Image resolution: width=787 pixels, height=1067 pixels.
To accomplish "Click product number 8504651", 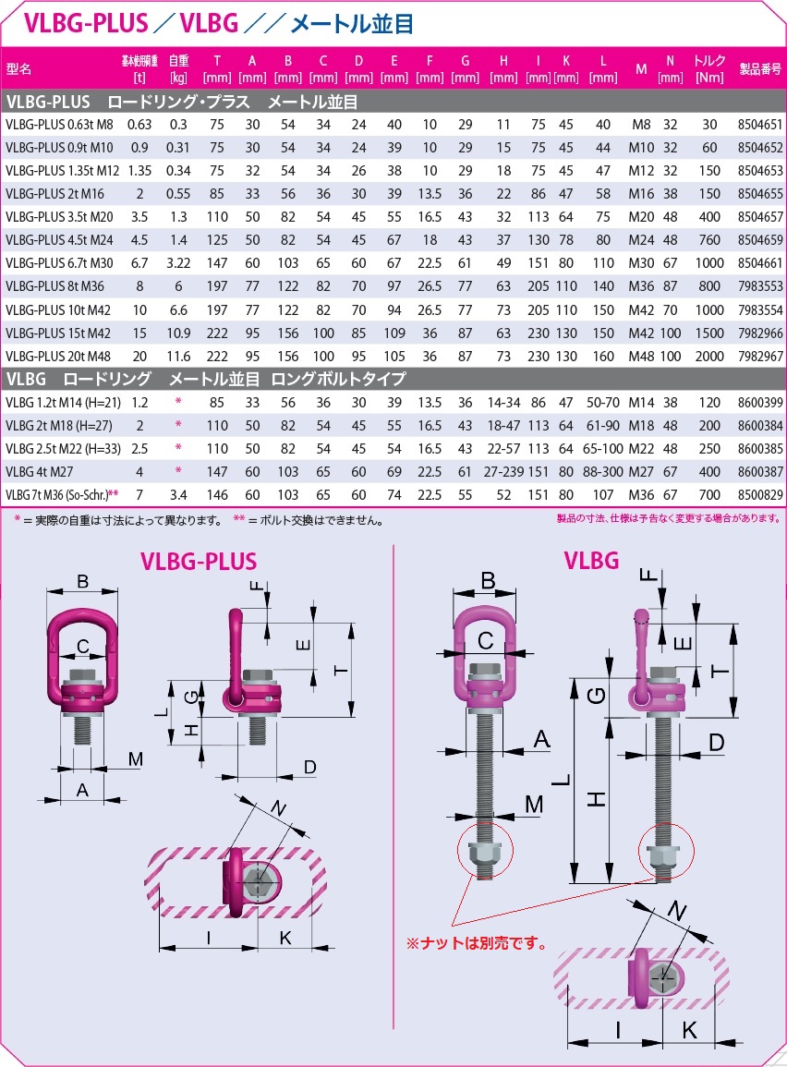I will coord(760,123).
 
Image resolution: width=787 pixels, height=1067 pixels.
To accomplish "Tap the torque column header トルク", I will coord(709,61).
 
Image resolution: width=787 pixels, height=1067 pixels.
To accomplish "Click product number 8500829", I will coord(760,495).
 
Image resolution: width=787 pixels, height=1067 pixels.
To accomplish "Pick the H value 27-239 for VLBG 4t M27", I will coord(503,471).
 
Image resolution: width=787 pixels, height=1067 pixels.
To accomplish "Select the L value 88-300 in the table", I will coord(603,471).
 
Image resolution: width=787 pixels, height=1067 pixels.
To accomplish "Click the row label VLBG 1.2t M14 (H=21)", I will coord(57,402).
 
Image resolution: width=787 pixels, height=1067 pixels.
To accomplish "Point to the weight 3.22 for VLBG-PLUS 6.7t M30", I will coord(178,261).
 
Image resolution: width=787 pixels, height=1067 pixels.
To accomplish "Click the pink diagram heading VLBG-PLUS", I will coord(198,561).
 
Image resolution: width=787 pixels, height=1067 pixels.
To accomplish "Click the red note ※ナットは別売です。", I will coord(477,944).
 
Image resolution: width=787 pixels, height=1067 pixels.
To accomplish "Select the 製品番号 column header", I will coord(760,68).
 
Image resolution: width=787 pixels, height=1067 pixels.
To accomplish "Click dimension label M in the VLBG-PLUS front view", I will coord(135,759).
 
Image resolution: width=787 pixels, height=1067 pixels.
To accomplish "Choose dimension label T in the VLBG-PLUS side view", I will coord(341,671).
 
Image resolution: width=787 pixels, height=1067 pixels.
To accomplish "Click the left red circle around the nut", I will coord(481,853).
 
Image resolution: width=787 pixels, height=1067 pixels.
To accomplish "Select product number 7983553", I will coord(760,285).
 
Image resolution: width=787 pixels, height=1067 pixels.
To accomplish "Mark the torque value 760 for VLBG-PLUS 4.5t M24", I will coord(709,238).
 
